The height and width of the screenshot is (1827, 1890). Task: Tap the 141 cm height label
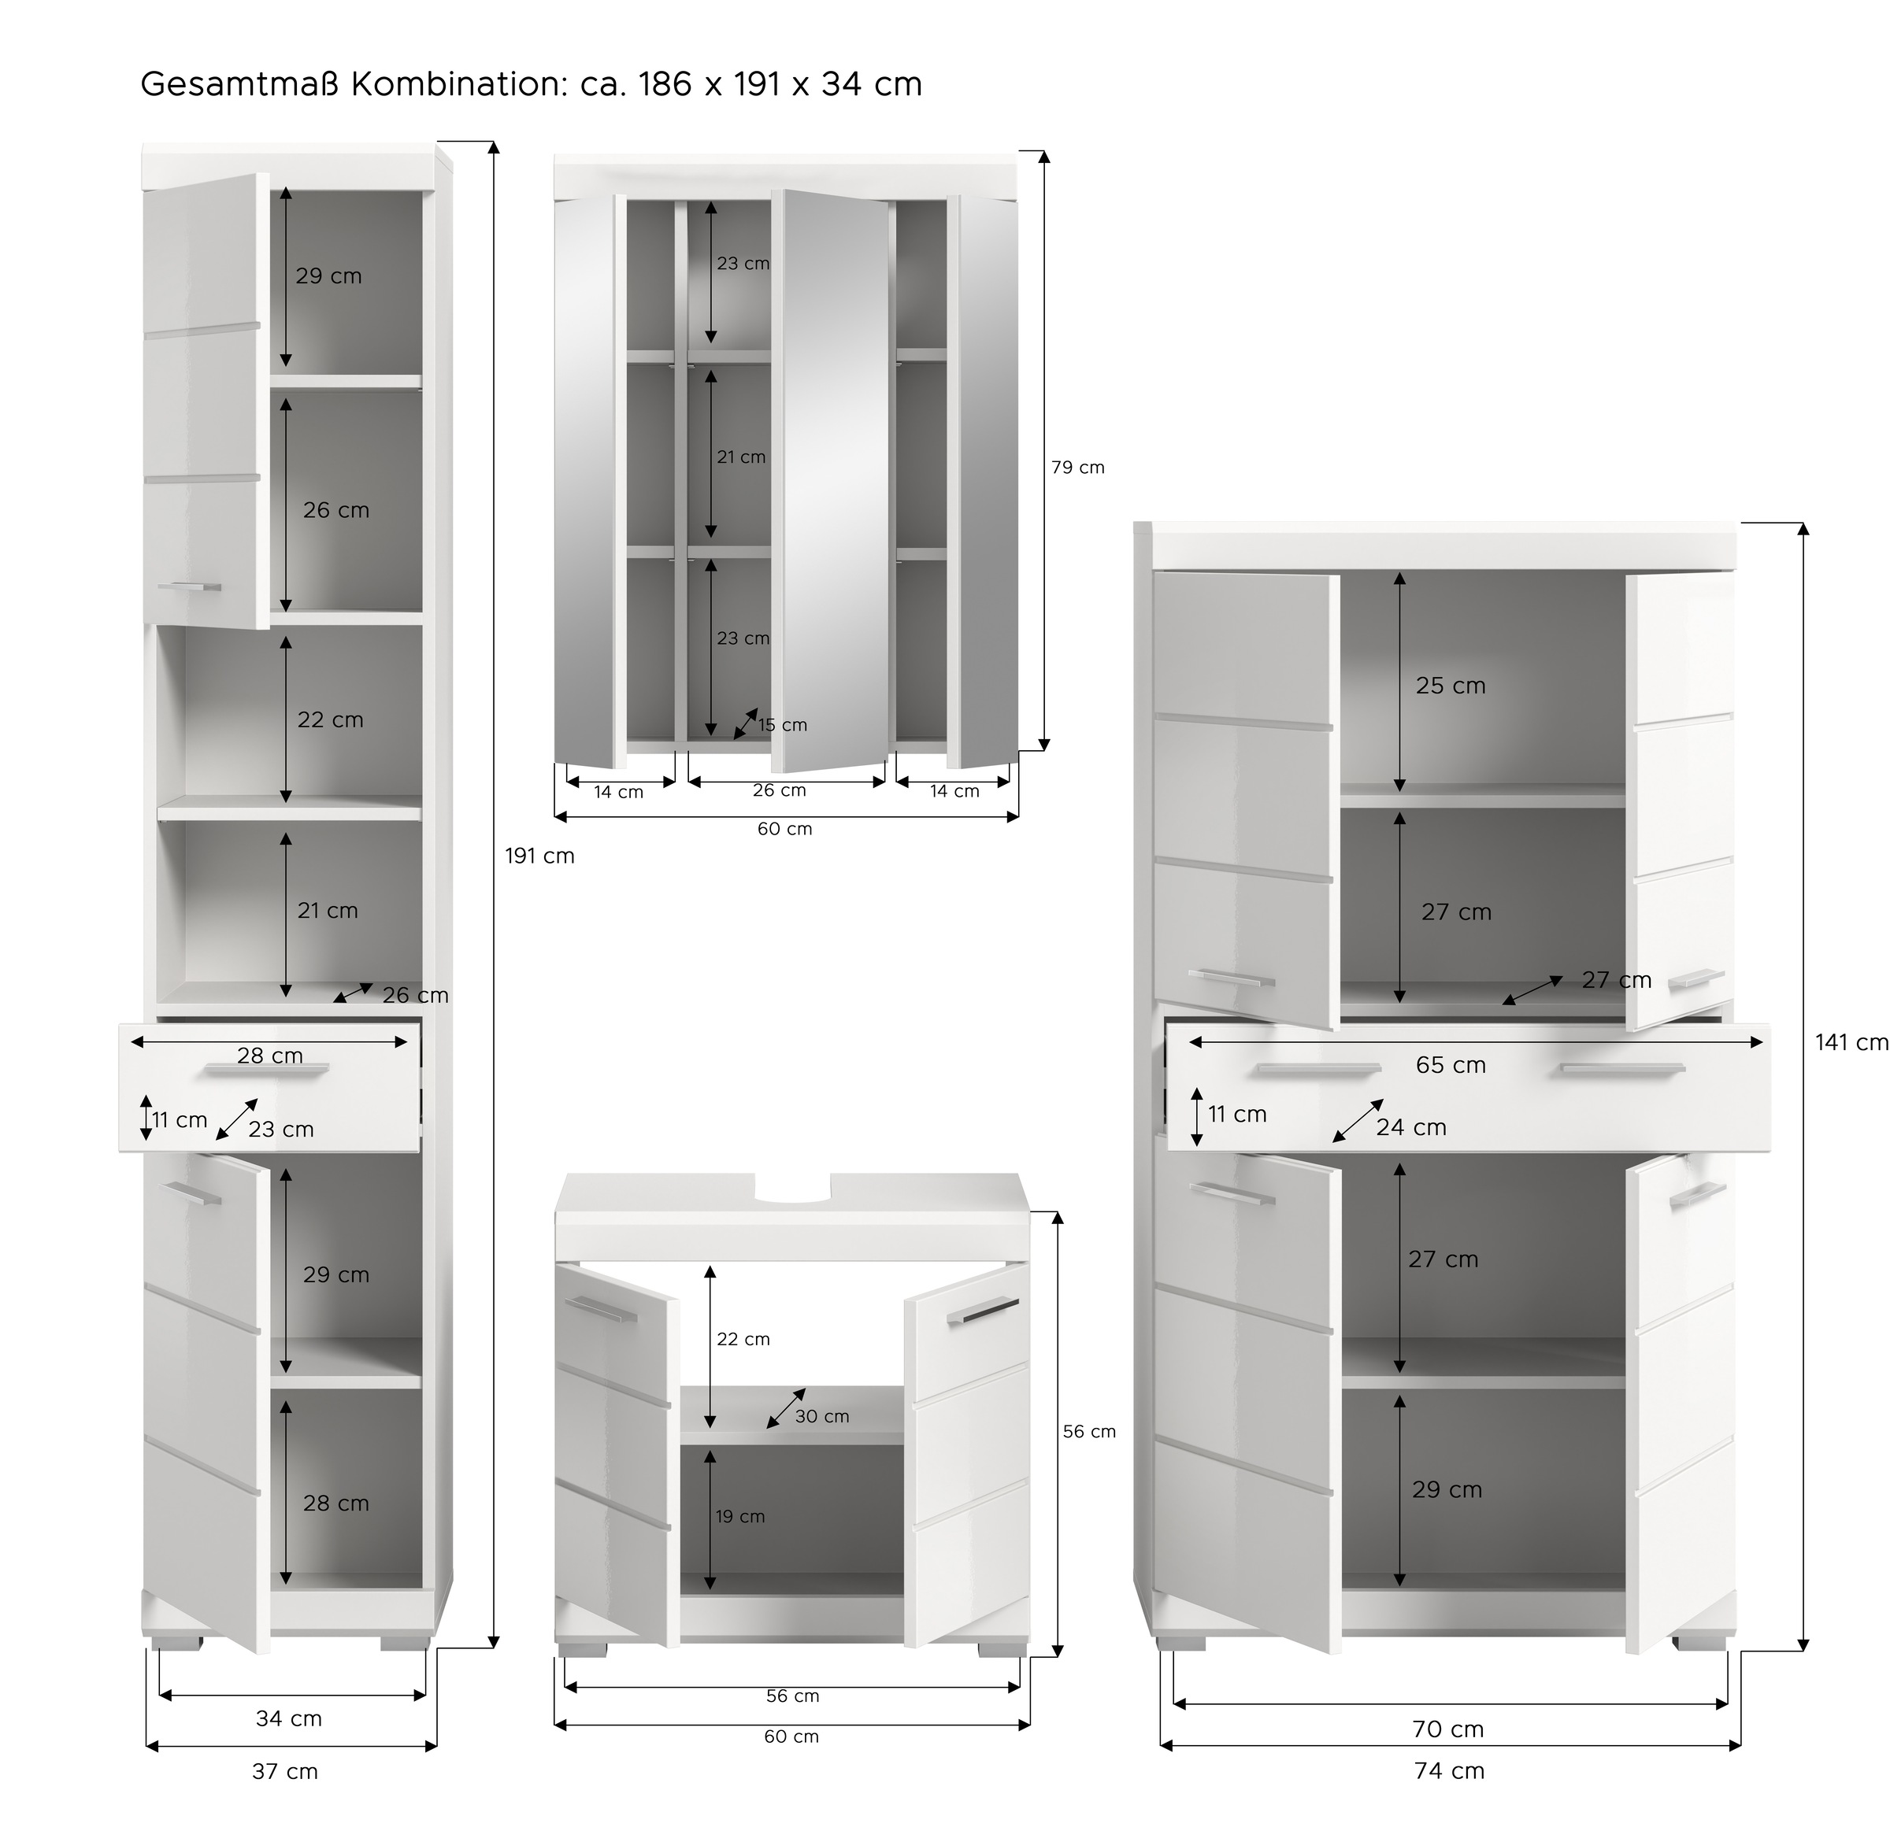tap(1851, 1042)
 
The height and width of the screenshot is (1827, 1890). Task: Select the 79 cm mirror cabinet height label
tap(1077, 468)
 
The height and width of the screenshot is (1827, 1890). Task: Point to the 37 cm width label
tap(284, 1771)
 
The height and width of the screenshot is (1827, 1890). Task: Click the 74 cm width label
tap(1448, 1770)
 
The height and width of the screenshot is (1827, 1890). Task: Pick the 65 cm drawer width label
tap(1451, 1065)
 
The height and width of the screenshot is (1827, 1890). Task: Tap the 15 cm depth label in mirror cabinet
tap(782, 725)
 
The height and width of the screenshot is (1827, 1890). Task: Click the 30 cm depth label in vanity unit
tap(821, 1416)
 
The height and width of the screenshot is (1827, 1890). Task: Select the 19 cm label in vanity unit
tap(739, 1517)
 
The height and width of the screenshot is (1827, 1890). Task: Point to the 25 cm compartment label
tap(1451, 686)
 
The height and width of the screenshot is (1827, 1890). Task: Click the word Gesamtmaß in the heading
tap(240, 85)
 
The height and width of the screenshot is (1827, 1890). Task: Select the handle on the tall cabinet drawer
tap(267, 1069)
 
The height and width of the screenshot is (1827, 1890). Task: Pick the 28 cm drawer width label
tap(270, 1056)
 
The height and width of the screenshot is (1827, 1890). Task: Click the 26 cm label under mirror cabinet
tap(779, 790)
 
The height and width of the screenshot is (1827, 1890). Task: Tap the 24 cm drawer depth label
tap(1410, 1127)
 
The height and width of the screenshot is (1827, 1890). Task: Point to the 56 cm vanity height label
tap(1088, 1432)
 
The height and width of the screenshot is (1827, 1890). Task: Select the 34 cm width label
tap(288, 1718)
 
